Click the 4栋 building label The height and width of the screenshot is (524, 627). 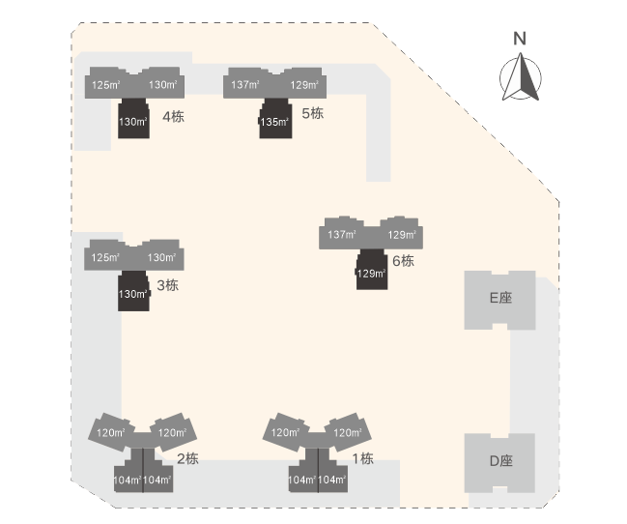click(174, 118)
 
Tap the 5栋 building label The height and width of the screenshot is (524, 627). click(312, 114)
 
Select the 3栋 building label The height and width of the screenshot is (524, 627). click(167, 285)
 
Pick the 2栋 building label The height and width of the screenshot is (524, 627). click(186, 458)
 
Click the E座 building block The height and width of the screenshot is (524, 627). click(499, 299)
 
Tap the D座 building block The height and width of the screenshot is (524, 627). click(499, 461)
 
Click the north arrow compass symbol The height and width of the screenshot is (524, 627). click(520, 77)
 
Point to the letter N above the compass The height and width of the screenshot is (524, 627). click(520, 39)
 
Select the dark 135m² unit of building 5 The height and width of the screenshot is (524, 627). click(275, 122)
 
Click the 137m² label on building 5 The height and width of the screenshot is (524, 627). click(246, 85)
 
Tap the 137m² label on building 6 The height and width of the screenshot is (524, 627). click(342, 235)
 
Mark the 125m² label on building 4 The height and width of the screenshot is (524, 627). click(105, 85)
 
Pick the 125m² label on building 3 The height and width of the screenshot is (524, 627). click(105, 257)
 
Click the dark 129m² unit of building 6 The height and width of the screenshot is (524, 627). click(371, 274)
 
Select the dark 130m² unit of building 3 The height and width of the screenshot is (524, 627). click(133, 294)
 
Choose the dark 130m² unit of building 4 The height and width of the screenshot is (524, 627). click(133, 123)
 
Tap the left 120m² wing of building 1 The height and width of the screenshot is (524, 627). click(285, 433)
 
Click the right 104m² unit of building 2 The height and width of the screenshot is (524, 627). click(157, 480)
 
